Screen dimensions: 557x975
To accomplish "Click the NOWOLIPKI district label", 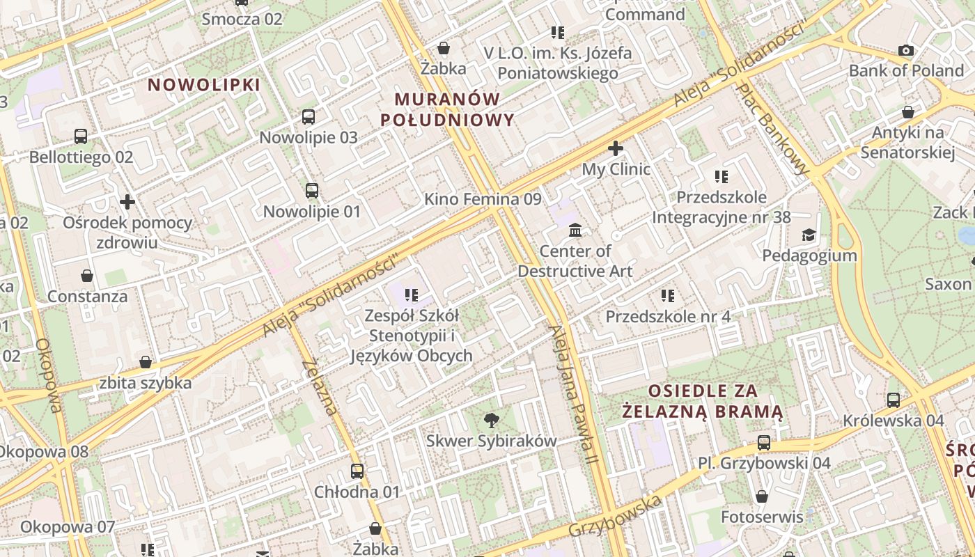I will pyautogui.click(x=204, y=85).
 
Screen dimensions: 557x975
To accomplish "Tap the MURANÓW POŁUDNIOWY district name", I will pyautogui.click(x=448, y=109).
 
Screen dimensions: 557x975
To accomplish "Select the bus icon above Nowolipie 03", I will pyautogui.click(x=309, y=117).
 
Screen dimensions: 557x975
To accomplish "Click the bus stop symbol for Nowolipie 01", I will pyautogui.click(x=312, y=190).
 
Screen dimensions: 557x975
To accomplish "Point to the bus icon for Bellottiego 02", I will pyautogui.click(x=81, y=136).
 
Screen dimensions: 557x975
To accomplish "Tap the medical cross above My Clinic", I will pyautogui.click(x=616, y=148).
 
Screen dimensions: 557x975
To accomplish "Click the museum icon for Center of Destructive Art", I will pyautogui.click(x=575, y=230).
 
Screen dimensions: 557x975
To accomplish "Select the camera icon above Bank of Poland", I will pyautogui.click(x=906, y=50).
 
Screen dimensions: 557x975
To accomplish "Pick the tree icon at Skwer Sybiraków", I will pyautogui.click(x=492, y=419).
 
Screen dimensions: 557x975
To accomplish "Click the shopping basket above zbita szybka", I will pyautogui.click(x=146, y=362).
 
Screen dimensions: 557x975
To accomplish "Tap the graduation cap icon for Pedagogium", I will pyautogui.click(x=809, y=235).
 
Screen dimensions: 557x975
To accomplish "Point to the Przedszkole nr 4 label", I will pyautogui.click(x=668, y=317).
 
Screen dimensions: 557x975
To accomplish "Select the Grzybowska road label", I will pyautogui.click(x=615, y=516).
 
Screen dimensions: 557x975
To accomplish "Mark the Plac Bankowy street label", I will pyautogui.click(x=774, y=130).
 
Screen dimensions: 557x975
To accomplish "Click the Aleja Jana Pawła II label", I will pyautogui.click(x=573, y=395).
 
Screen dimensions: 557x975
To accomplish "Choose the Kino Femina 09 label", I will pyautogui.click(x=483, y=199).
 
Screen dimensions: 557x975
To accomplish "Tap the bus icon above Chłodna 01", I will pyautogui.click(x=357, y=471).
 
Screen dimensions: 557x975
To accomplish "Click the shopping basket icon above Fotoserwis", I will pyautogui.click(x=762, y=496).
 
